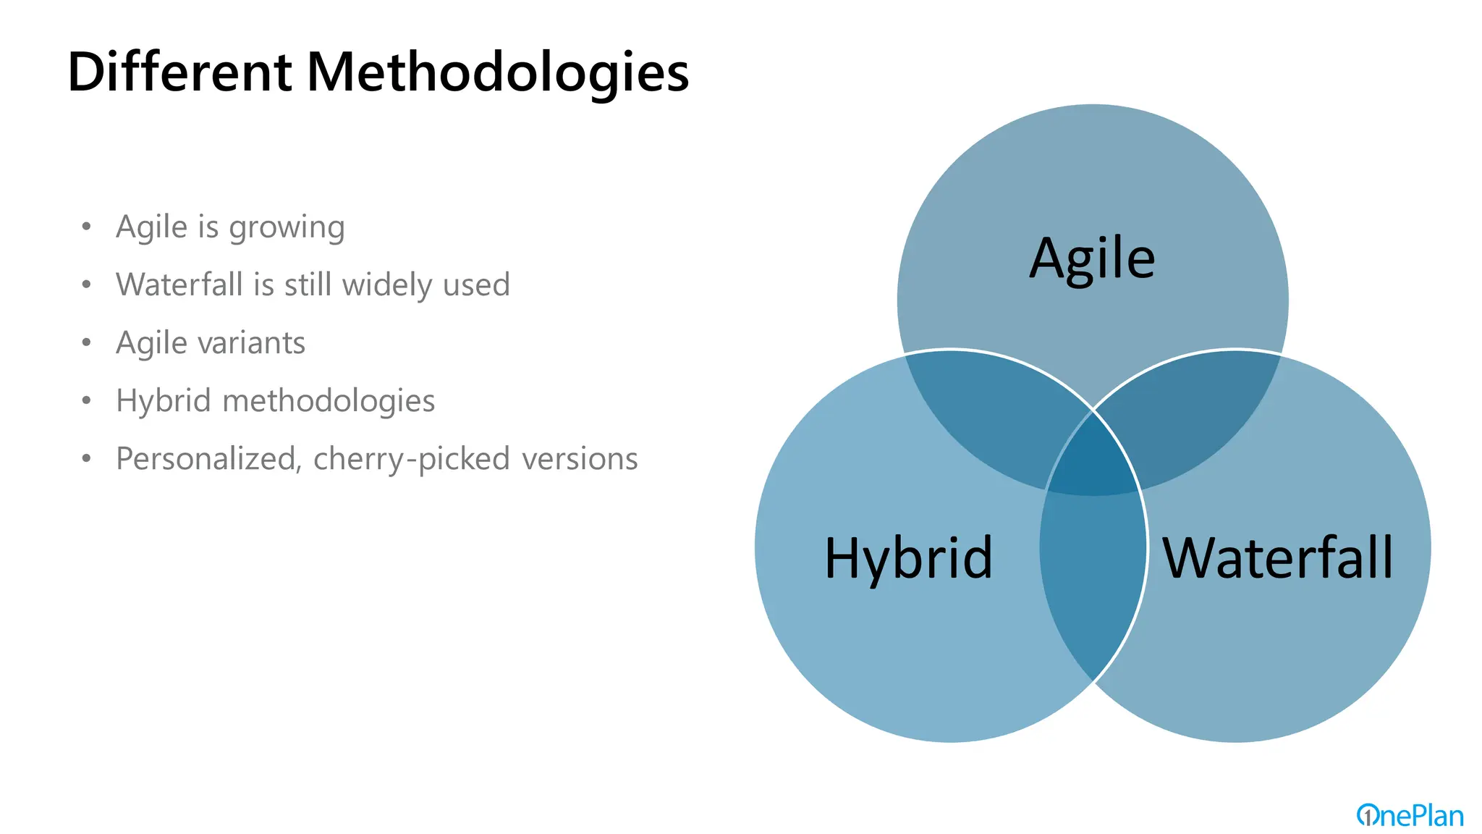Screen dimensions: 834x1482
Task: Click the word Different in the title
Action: (x=179, y=72)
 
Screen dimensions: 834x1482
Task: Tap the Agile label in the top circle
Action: (x=1092, y=258)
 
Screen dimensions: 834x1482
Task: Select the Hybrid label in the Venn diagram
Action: (x=908, y=558)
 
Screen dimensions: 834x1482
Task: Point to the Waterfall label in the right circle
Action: (x=1277, y=558)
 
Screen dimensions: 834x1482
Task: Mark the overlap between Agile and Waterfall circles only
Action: (x=1194, y=413)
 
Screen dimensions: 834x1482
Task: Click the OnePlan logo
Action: (x=1410, y=816)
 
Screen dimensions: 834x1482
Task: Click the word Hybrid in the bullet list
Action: (x=163, y=401)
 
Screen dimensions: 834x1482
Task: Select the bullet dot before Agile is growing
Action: (x=87, y=227)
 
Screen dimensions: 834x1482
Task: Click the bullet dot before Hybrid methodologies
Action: (x=87, y=400)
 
